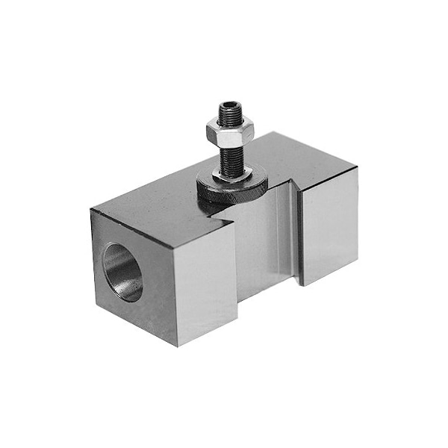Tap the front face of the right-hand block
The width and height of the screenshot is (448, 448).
pyautogui.click(x=329, y=227)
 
